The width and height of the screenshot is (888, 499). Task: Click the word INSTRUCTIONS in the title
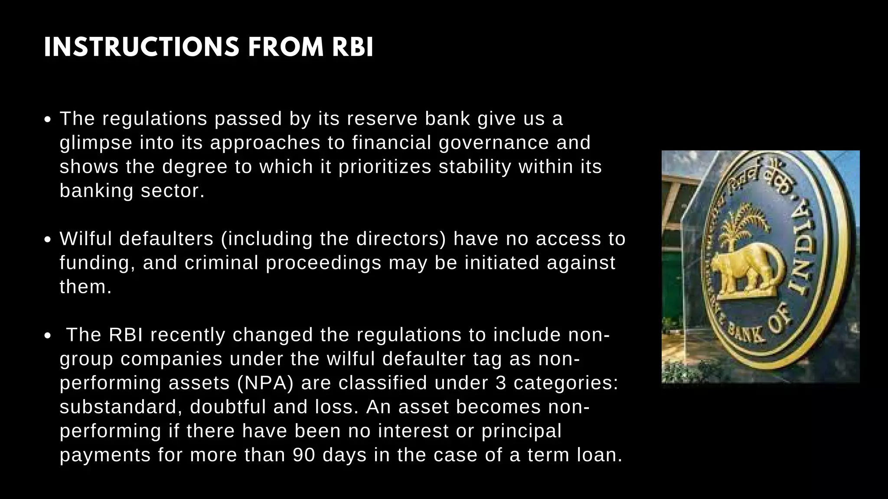(x=141, y=47)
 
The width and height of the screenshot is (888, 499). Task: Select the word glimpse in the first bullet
(x=96, y=143)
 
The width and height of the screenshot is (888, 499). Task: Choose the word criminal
(x=221, y=262)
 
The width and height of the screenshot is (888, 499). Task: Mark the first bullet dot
(x=49, y=120)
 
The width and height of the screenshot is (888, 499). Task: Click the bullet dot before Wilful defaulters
(x=49, y=240)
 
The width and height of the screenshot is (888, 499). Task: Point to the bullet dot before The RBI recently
(x=49, y=336)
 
